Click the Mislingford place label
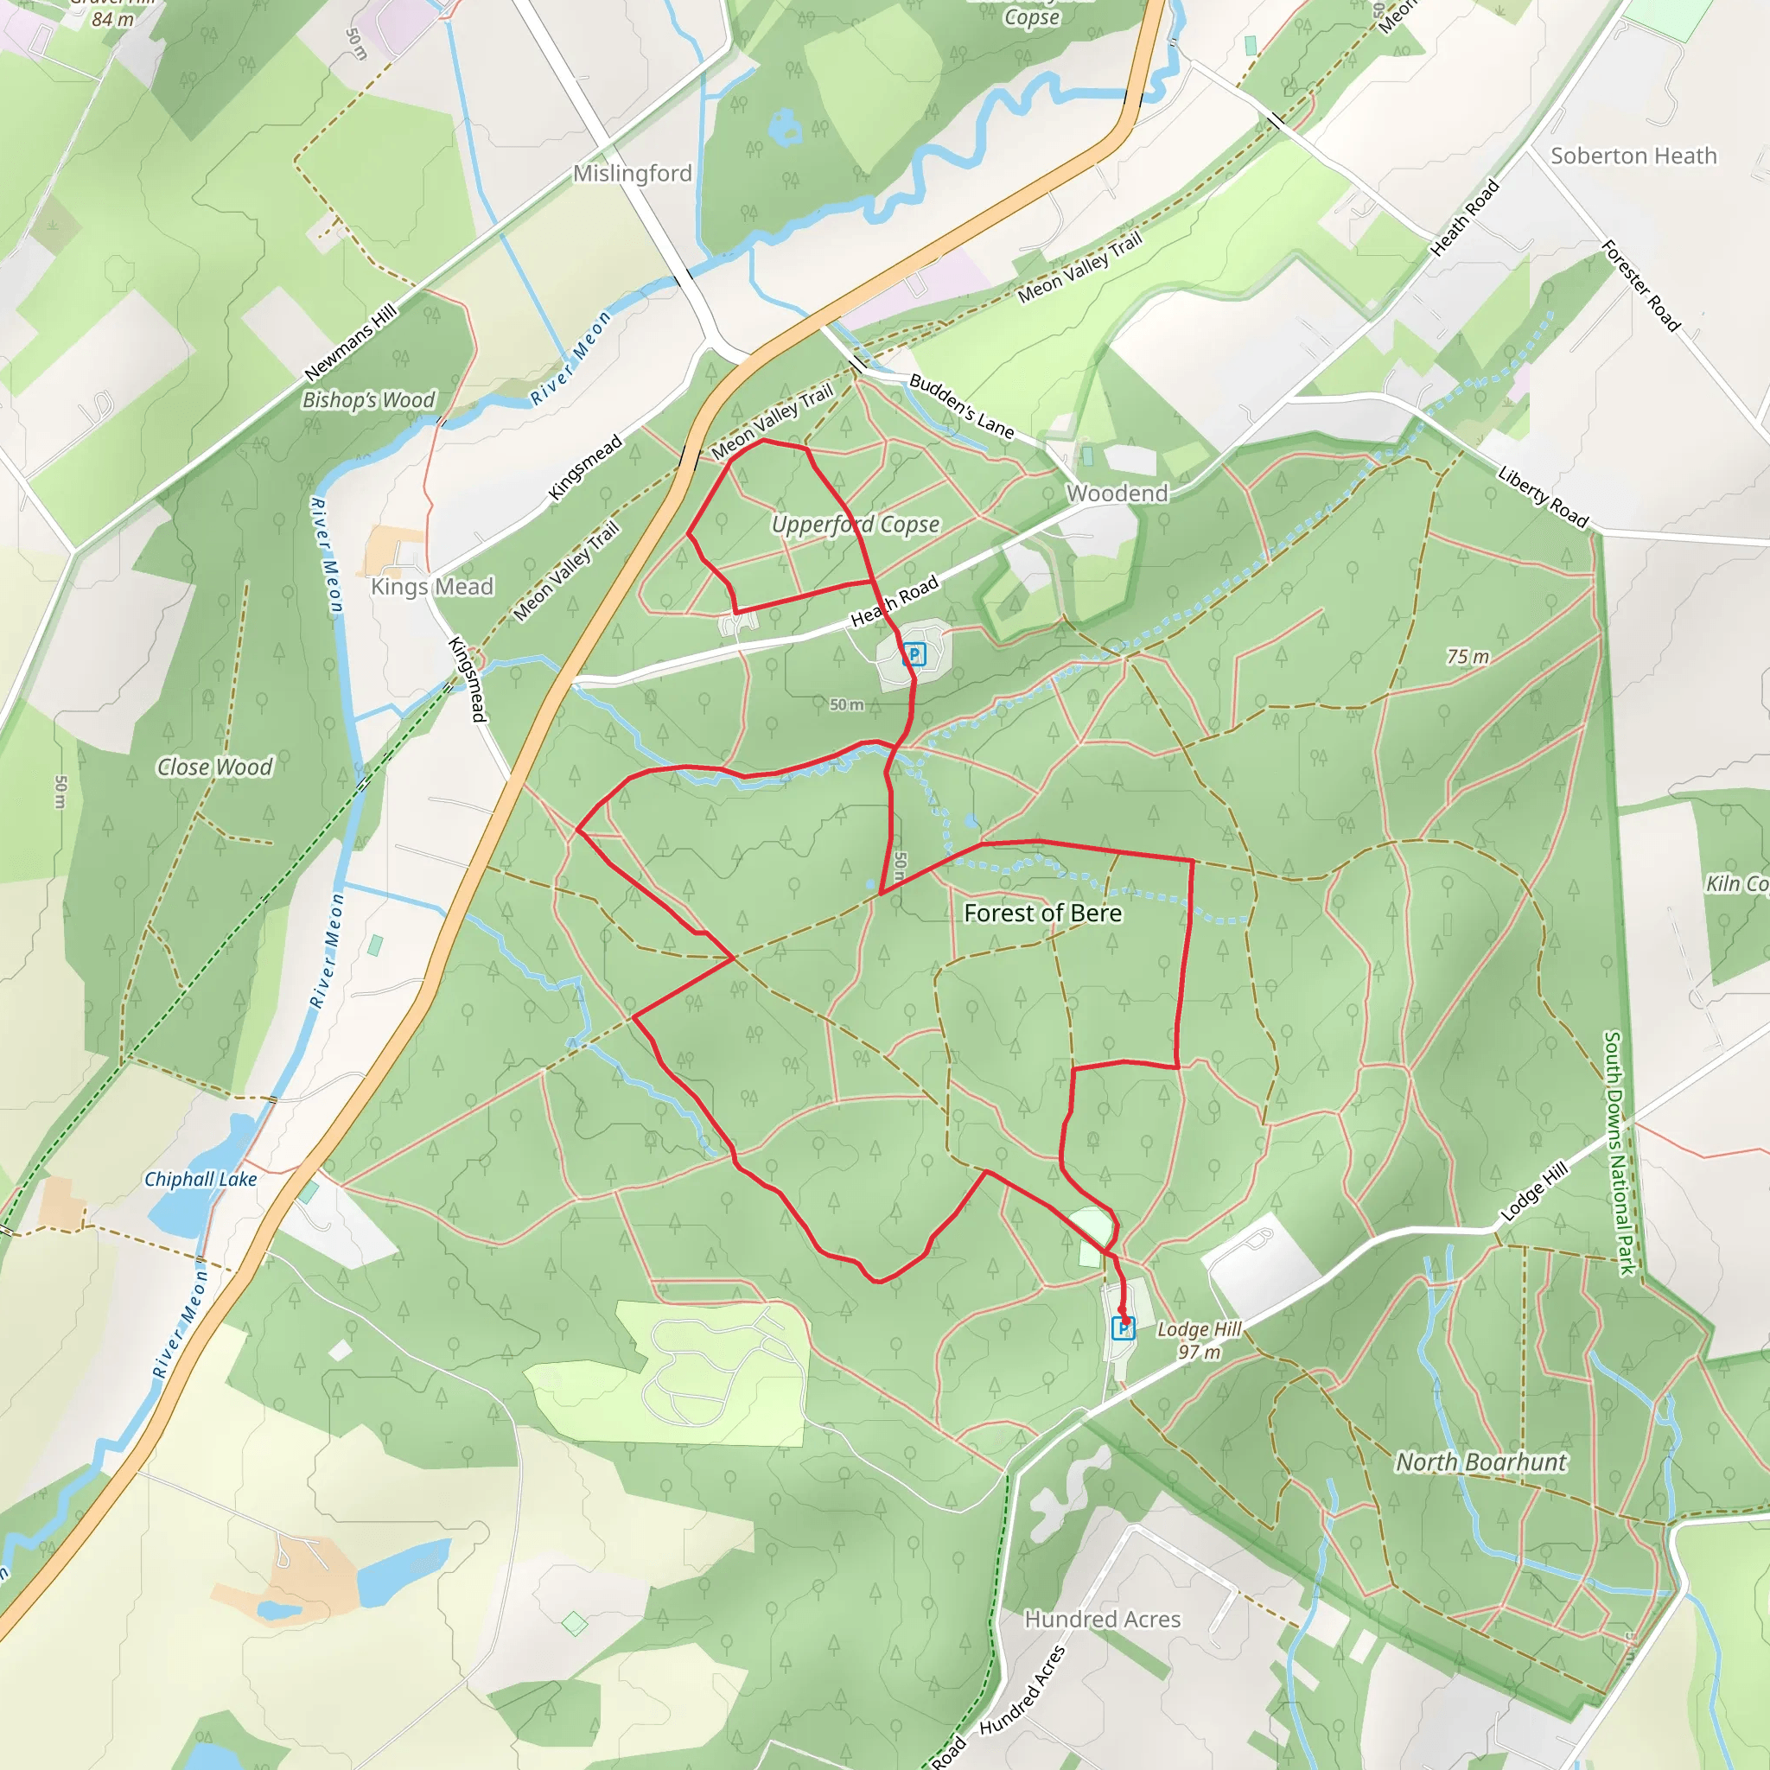(632, 173)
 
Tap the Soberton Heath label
(1633, 156)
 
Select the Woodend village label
(1117, 493)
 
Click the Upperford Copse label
(855, 524)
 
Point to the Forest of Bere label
(1042, 913)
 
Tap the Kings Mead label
(431, 586)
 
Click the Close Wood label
(214, 767)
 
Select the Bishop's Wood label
(368, 399)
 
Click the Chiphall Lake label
(200, 1179)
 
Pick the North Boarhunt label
(1480, 1462)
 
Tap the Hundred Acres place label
(1102, 1620)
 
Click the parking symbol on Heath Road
(914, 654)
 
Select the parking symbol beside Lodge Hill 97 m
(1124, 1327)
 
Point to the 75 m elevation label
(1468, 656)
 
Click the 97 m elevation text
(1200, 1353)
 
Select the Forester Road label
(1639, 286)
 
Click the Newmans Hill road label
(351, 341)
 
